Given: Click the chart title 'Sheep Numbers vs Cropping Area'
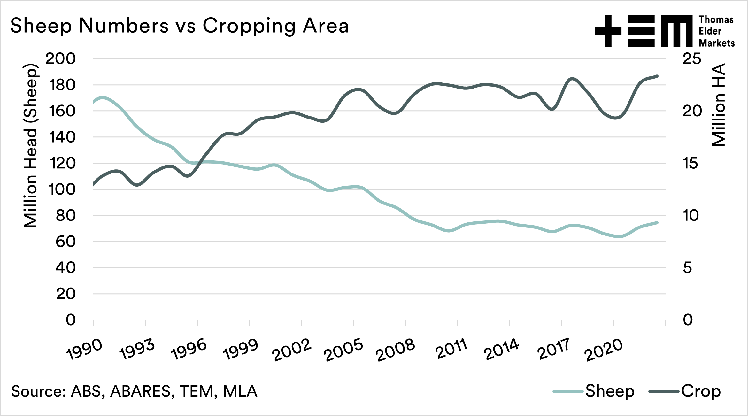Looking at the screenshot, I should pos(179,26).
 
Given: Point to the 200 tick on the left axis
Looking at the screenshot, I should pos(61,59).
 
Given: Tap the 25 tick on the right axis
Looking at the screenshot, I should pos(691,59).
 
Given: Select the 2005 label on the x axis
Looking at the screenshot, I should pos(343,350).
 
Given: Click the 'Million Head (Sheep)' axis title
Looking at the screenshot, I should pos(31,146).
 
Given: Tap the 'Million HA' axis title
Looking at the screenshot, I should pos(719,105).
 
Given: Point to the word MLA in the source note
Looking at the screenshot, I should pos(240,391).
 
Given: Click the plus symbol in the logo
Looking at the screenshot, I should pos(608,31).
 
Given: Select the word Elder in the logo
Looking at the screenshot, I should pos(710,31).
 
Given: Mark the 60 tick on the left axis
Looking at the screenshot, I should pos(66,242).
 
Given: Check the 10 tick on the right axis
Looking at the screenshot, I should pos(690,216).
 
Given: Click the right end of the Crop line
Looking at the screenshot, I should pos(657,76).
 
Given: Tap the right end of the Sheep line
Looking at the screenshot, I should pos(657,223).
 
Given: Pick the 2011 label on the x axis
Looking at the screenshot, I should pos(452,349).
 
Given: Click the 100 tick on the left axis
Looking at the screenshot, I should pos(62,189).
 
